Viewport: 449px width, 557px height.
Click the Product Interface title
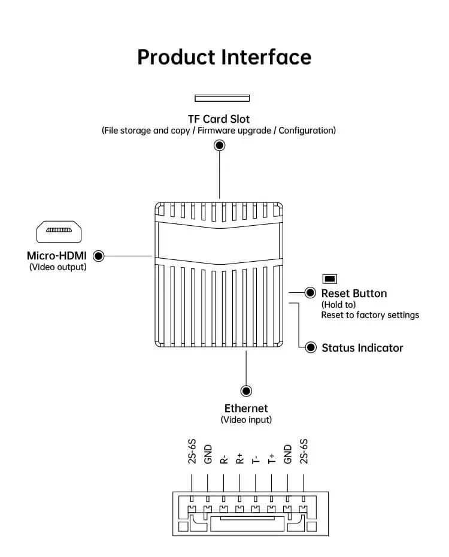pos(224,57)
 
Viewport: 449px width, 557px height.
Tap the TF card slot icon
pos(222,98)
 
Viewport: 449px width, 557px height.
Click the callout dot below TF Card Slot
pos(220,145)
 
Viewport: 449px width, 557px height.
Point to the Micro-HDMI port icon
pos(59,231)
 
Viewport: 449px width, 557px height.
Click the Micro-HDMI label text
pos(57,256)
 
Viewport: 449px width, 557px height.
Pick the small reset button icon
pos(330,278)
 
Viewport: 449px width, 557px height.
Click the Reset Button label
pos(354,293)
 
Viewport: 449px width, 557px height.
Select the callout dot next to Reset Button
pos(310,293)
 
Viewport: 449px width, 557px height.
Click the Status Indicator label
pos(362,348)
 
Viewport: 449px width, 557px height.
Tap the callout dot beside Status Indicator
pos(311,347)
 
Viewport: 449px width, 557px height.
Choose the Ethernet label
pos(246,408)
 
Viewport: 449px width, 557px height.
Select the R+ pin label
pos(239,459)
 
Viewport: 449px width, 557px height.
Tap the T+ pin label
pos(271,459)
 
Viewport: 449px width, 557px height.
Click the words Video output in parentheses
pos(57,267)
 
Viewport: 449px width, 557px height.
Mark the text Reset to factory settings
pos(370,315)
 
